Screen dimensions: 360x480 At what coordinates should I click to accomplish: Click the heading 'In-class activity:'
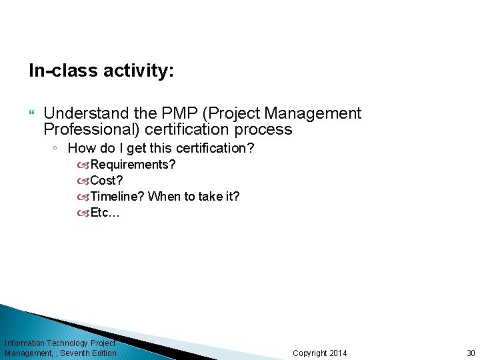[101, 71]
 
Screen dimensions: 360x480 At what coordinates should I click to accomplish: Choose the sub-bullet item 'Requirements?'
[133, 164]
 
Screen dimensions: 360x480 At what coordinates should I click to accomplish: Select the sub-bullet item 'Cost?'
[107, 180]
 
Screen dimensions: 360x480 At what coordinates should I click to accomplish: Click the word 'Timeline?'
[117, 196]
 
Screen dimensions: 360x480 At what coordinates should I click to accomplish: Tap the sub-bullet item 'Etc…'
[105, 213]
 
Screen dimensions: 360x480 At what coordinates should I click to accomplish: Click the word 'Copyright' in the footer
[307, 353]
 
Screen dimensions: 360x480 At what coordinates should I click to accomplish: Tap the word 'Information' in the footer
[25, 343]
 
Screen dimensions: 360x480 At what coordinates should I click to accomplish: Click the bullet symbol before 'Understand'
[33, 114]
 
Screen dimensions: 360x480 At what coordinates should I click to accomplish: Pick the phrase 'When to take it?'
[194, 196]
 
